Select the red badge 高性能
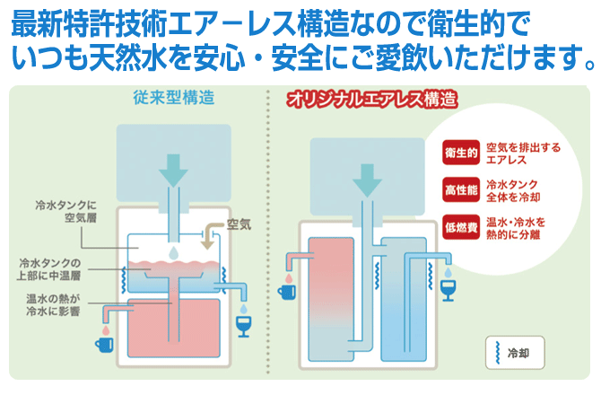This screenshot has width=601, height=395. (459, 189)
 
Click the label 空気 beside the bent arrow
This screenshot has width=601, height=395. (239, 224)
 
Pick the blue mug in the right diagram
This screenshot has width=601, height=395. (286, 291)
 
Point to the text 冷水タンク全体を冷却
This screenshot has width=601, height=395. (512, 189)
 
